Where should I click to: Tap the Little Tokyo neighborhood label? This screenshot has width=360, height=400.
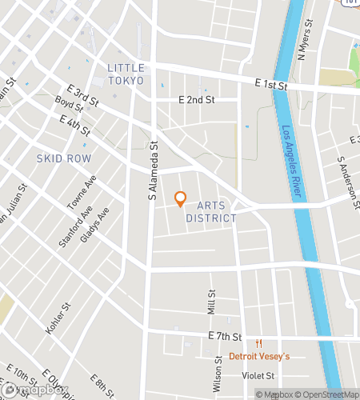point(126,73)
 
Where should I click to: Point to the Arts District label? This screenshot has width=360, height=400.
point(210,211)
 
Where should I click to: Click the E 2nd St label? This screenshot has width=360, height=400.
point(197,100)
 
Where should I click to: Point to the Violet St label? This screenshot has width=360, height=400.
point(258,374)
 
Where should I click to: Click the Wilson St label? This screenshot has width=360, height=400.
point(217,374)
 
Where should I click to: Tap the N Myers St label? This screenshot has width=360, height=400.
point(302,42)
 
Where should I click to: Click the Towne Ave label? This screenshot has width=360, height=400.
point(81,193)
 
